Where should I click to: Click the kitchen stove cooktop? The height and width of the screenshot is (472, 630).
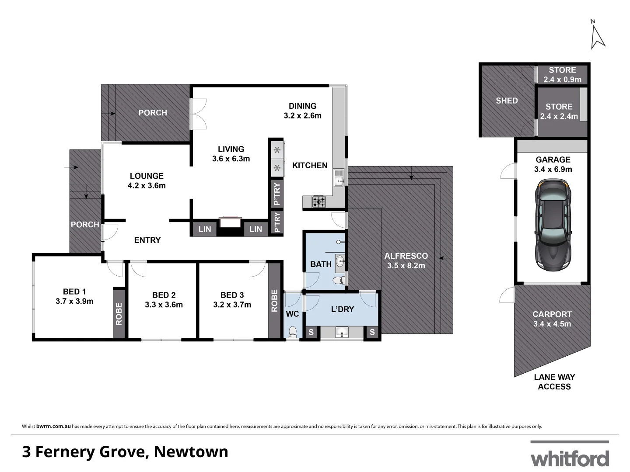pos(318,201)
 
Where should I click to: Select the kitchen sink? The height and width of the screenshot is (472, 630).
pos(339,177)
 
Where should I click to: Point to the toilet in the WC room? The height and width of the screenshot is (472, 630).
pos(293,332)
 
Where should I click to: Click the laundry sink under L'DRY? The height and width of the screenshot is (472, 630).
pos(342,333)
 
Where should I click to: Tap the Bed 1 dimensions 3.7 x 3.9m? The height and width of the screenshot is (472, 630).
pos(74,301)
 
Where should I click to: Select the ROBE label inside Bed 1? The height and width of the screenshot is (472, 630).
pos(119,314)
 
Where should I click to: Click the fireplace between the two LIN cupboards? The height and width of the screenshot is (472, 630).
pos(230,222)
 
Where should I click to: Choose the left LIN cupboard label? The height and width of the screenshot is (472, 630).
pos(204,229)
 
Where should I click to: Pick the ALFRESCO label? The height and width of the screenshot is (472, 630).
pos(406,256)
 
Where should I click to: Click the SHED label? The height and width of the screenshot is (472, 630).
pos(507,101)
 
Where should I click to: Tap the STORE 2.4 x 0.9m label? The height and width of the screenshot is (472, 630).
pos(562,75)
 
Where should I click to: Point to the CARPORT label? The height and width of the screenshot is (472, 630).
pos(552,314)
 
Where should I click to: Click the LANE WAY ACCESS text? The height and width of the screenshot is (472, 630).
pos(554,382)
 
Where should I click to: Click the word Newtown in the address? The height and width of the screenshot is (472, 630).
pos(191,451)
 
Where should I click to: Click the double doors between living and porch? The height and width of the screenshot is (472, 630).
pos(198,114)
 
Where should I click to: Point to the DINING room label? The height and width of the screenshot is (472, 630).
pos(302,106)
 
